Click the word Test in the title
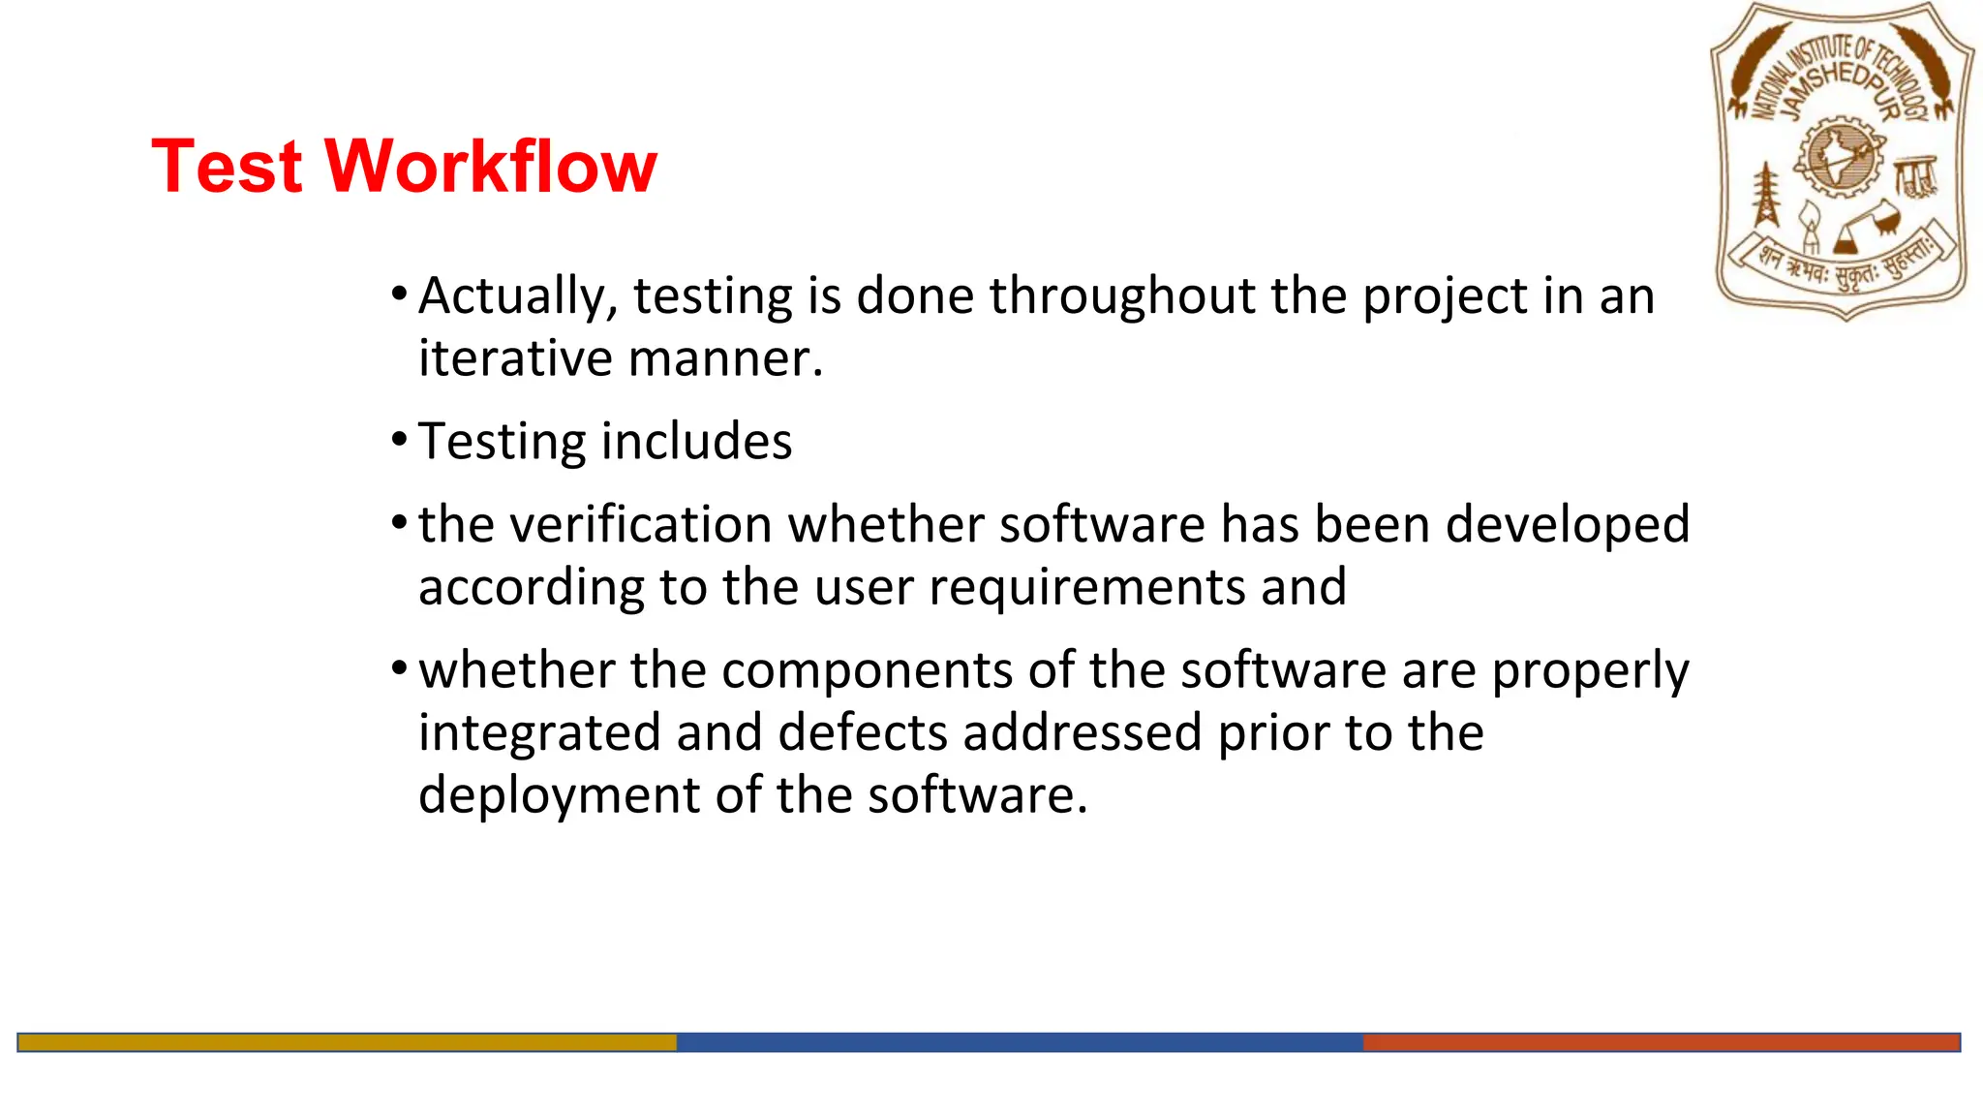pyautogui.click(x=228, y=167)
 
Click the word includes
pyautogui.click(x=697, y=442)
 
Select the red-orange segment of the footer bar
pyautogui.click(x=1661, y=1042)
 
